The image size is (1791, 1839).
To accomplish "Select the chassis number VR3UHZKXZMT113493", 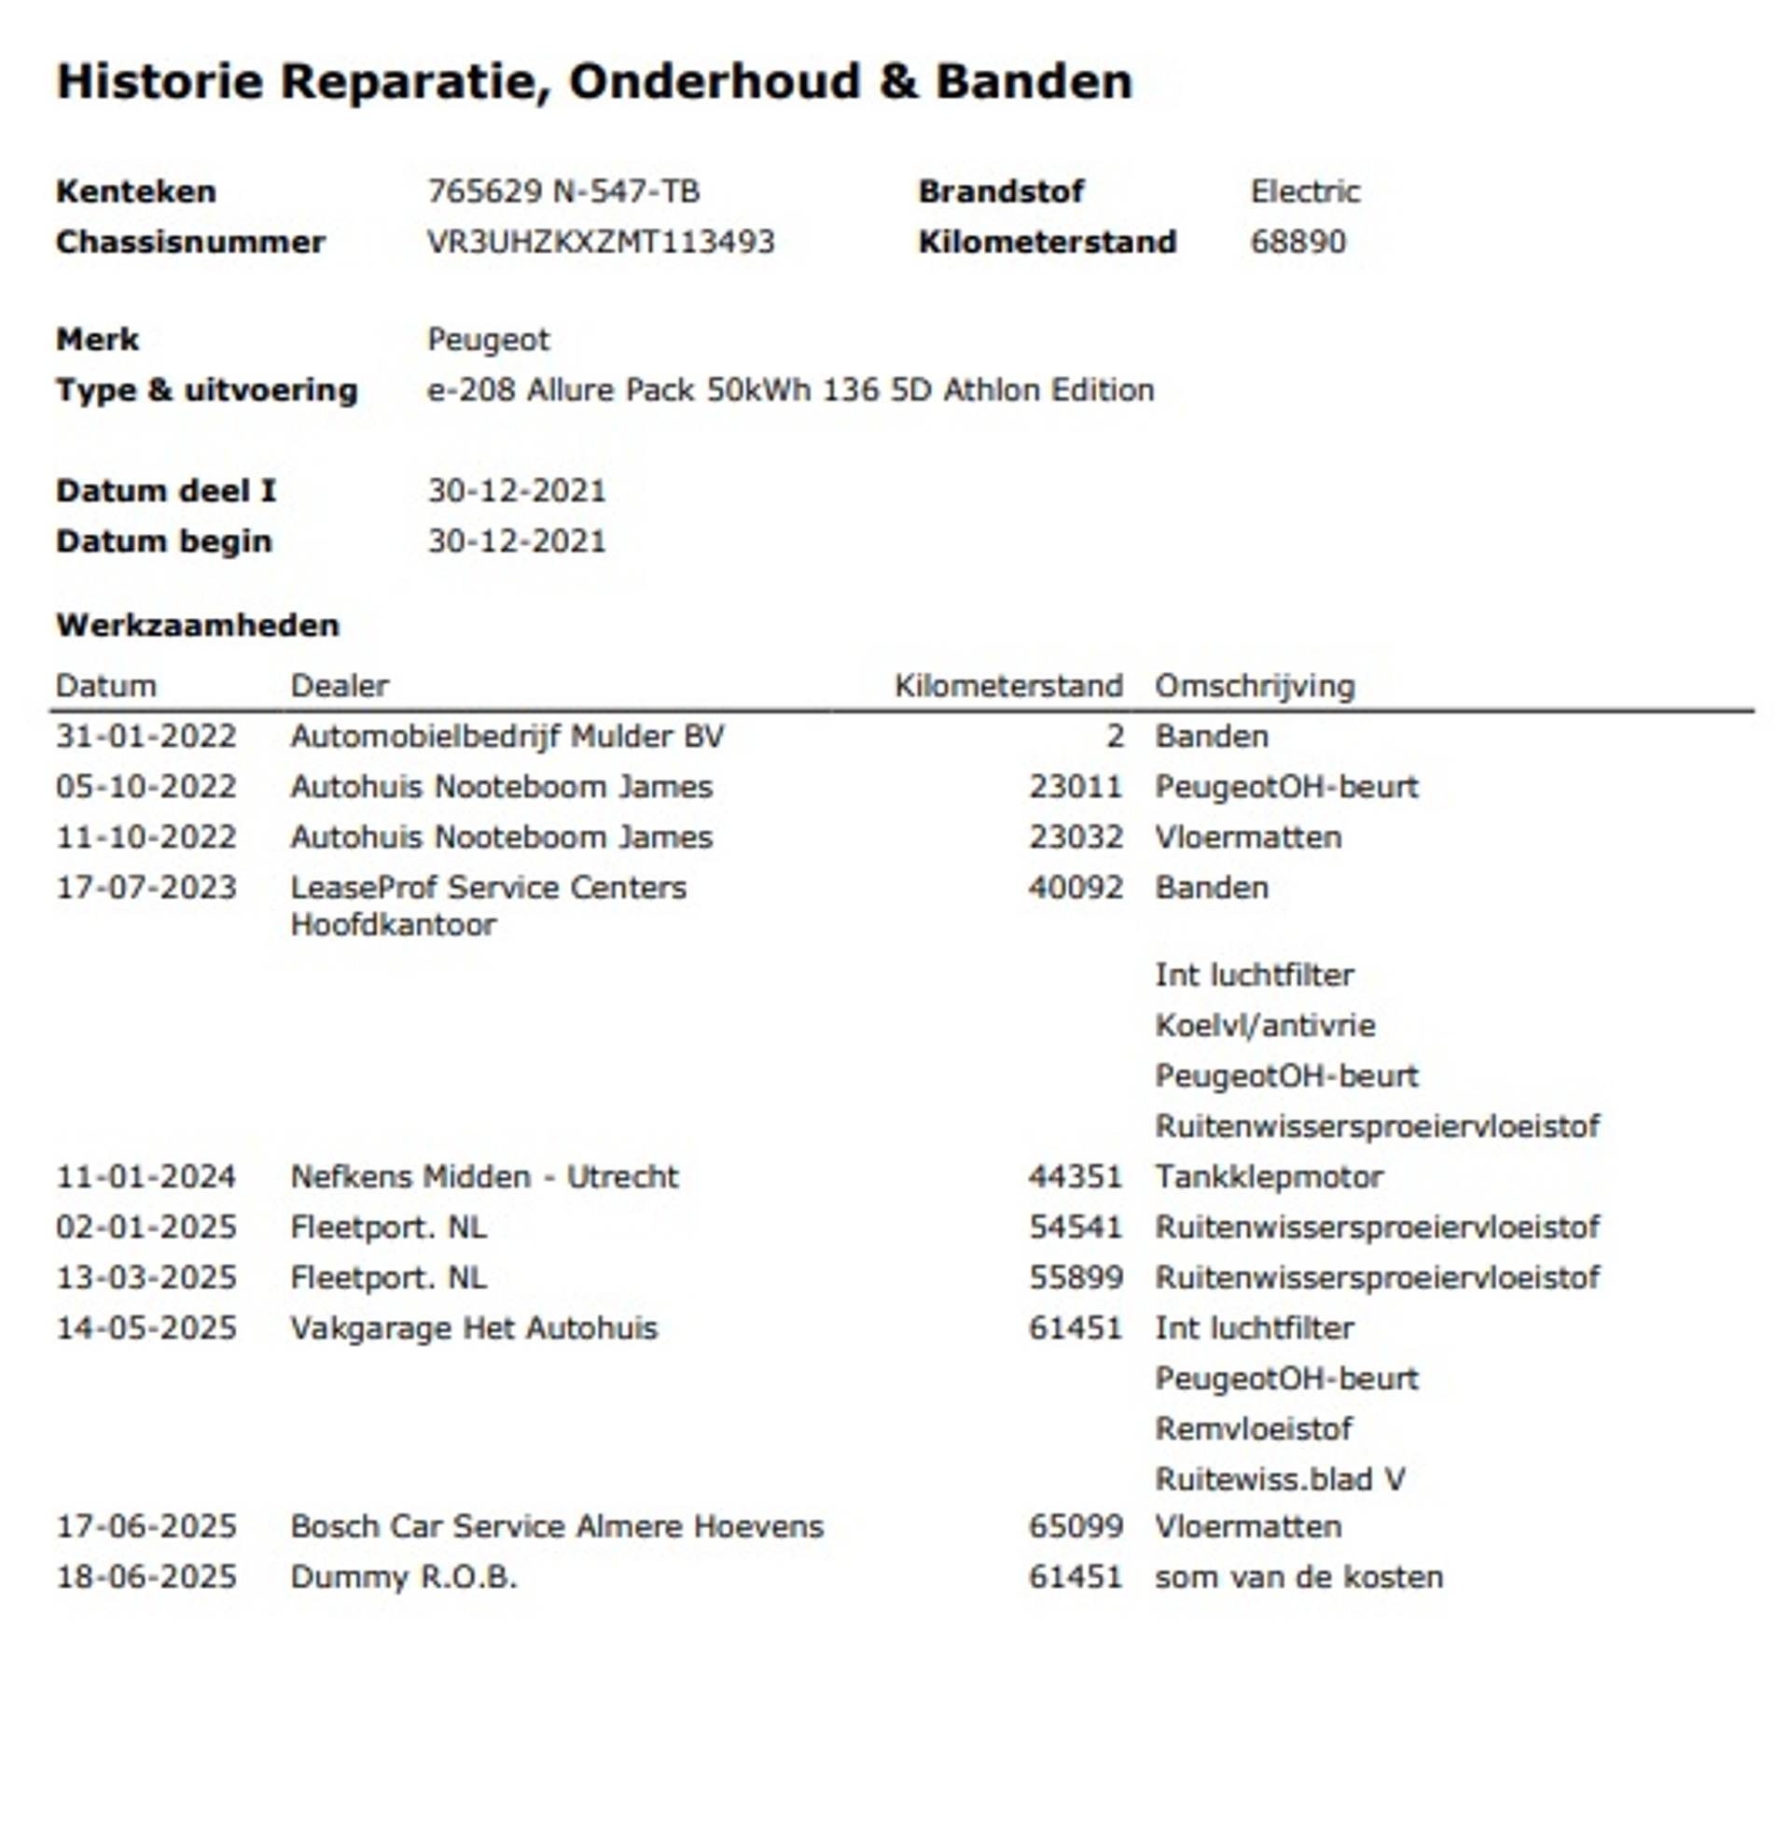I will coord(600,242).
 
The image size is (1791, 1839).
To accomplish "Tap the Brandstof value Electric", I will coord(1305,192).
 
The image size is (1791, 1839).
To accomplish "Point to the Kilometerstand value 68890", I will coord(1298,242).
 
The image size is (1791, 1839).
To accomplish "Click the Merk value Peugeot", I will coord(488,339).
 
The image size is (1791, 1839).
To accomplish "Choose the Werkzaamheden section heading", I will coord(198,625).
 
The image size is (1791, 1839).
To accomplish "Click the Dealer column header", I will coord(339,685).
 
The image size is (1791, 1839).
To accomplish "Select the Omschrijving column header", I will coord(1254,685).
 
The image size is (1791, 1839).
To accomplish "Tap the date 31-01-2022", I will coord(146,736).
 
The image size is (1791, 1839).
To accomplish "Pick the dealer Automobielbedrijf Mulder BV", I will coord(507,736).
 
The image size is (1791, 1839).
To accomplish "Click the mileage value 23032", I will coord(1076,836).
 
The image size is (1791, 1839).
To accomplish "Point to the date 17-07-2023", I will coord(146,888).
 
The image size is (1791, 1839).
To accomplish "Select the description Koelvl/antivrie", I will coord(1264,1025).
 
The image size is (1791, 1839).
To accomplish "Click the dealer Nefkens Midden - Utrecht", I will coord(483,1176).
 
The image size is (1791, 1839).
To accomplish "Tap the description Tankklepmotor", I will coord(1268,1176).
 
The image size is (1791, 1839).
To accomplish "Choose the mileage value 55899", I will coord(1076,1277).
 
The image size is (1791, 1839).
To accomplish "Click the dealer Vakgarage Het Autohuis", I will coord(473,1328).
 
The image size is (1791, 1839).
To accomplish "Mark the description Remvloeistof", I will coord(1253,1428).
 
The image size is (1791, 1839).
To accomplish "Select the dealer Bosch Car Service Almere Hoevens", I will coord(556,1525).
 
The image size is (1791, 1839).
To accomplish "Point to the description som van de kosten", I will coord(1298,1577).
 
